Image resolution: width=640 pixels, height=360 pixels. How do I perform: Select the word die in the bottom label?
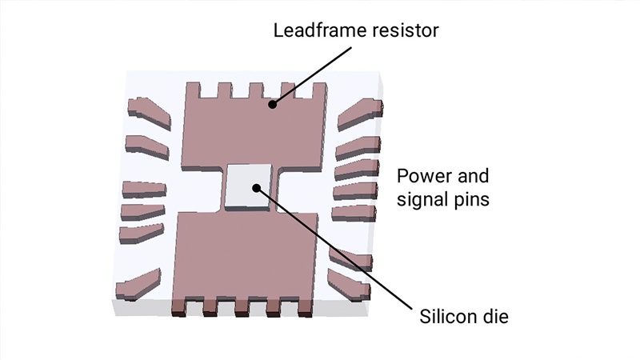click(x=496, y=315)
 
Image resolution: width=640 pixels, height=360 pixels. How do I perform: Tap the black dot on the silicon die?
click(x=256, y=188)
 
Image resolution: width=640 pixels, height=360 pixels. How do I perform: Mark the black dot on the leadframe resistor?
click(x=273, y=103)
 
